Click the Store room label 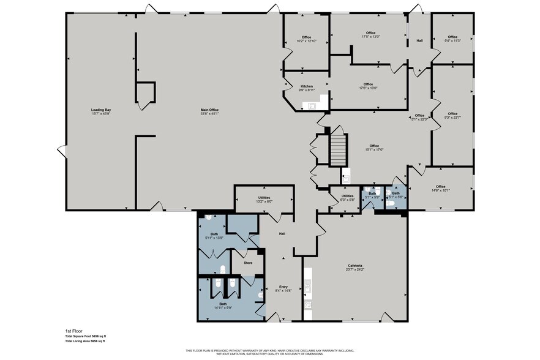pyautogui.click(x=248, y=263)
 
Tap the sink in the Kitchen pyautogui.click(x=312, y=105)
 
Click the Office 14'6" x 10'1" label pyautogui.click(x=441, y=189)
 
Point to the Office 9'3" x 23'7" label pyautogui.click(x=452, y=115)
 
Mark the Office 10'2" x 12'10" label pyautogui.click(x=306, y=39)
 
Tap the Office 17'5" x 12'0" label pyautogui.click(x=370, y=35)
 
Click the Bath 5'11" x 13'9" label pyautogui.click(x=214, y=236)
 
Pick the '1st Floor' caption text pyautogui.click(x=73, y=330)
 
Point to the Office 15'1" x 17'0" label pyautogui.click(x=374, y=148)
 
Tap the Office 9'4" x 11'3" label pyautogui.click(x=452, y=39)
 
